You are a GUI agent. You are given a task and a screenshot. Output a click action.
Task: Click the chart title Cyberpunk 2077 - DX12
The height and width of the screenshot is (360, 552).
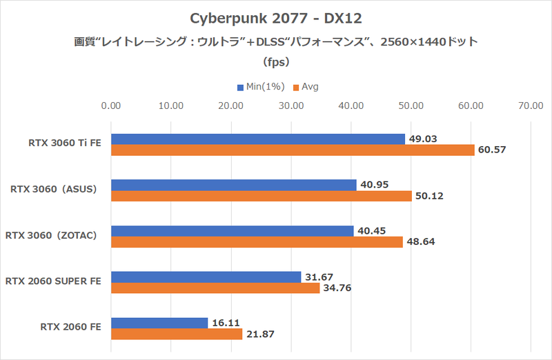coord(275,17)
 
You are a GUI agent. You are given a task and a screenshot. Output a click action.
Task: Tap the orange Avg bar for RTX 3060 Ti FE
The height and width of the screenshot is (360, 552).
coord(293,150)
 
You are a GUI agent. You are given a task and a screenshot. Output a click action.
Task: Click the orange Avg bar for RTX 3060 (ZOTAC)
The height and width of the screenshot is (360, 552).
coord(256,242)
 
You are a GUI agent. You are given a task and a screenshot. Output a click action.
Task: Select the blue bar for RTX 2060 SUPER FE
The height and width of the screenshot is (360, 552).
coord(206,277)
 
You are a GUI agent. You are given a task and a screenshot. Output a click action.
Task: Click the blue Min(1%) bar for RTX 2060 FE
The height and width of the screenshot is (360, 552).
coord(159,323)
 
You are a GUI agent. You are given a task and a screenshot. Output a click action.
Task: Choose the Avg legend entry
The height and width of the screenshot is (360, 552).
coord(306,87)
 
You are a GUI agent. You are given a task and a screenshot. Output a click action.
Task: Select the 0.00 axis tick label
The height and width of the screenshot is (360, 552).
coord(111,106)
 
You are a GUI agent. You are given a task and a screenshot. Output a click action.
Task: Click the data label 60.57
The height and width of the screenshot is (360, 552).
coord(492,150)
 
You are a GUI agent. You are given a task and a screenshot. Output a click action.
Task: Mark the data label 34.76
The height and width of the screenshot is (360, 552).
coord(337,288)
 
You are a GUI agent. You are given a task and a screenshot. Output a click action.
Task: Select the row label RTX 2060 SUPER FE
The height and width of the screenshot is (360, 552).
coord(53,281)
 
